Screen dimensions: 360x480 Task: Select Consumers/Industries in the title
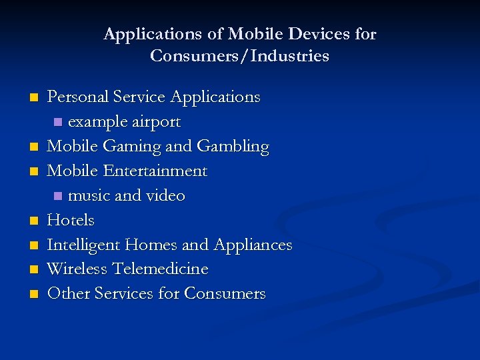pyautogui.click(x=240, y=56)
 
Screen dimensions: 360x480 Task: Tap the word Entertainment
pyautogui.click(x=155, y=171)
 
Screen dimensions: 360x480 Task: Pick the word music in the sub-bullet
pyautogui.click(x=87, y=196)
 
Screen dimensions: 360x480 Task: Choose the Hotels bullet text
pyautogui.click(x=71, y=220)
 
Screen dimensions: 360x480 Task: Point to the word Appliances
pyautogui.click(x=253, y=245)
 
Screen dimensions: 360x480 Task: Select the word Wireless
pyautogui.click(x=77, y=269)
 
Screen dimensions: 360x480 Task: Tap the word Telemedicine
pyautogui.click(x=160, y=269)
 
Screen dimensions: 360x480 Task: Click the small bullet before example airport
pyautogui.click(x=58, y=123)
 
